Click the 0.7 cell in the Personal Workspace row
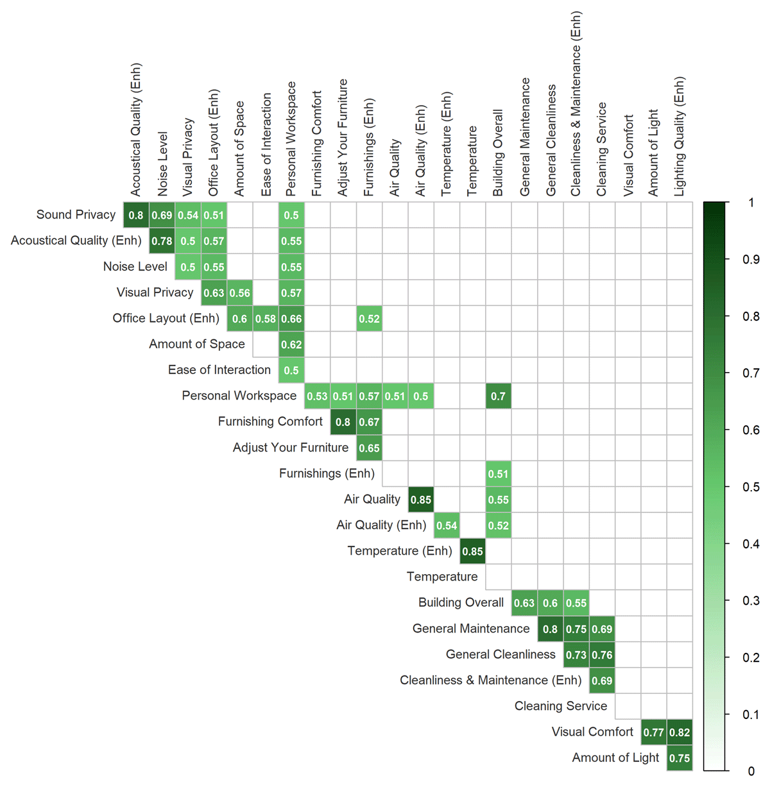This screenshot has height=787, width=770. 499,396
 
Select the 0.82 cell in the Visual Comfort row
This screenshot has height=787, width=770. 680,732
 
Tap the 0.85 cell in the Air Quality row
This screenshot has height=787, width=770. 421,500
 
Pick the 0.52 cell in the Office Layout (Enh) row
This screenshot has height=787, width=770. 369,319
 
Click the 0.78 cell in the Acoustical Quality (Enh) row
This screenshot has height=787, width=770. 162,241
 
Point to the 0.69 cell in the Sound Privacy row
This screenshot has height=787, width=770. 162,216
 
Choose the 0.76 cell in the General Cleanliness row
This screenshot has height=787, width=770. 602,655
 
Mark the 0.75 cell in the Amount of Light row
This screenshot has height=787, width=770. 680,758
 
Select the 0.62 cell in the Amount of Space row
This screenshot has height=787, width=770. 291,344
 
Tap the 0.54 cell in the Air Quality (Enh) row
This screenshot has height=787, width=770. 447,525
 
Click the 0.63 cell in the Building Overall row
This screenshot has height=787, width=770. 524,603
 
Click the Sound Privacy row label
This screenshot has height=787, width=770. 76,215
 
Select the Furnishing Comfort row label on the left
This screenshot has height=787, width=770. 270,421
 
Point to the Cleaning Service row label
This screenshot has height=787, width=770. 560,706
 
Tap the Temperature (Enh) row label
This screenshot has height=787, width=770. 399,551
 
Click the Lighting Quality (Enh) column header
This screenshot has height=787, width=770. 680,137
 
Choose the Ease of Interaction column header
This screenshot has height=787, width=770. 266,144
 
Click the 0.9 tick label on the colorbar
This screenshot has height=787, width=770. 751,259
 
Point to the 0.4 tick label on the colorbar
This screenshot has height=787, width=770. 751,544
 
